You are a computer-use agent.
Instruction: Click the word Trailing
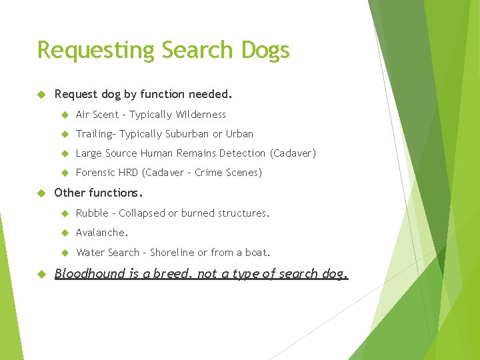click(x=95, y=134)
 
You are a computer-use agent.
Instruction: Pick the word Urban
click(x=240, y=134)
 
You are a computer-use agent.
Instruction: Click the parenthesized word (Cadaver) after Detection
click(x=293, y=153)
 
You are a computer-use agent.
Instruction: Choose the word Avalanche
click(x=101, y=233)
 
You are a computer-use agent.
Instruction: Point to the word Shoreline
click(x=173, y=253)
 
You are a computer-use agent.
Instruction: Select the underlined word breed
click(x=170, y=273)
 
